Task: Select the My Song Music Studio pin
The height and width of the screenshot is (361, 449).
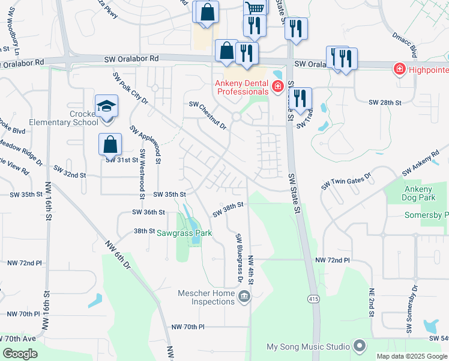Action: [x=360, y=346]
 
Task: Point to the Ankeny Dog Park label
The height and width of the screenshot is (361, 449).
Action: [x=423, y=193]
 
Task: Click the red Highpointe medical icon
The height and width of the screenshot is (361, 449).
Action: [x=399, y=70]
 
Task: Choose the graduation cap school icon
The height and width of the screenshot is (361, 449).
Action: [x=106, y=106]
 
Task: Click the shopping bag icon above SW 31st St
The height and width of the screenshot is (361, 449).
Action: [x=110, y=144]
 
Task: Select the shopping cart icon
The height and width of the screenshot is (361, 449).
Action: [x=255, y=8]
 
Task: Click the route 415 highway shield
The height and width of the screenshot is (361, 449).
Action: [x=313, y=299]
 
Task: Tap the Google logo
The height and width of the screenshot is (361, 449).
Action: [x=20, y=354]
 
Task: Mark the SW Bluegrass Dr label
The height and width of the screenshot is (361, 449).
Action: [x=239, y=258]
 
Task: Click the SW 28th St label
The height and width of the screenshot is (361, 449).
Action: [x=385, y=103]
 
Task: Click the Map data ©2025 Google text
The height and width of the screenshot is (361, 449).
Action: [x=412, y=356]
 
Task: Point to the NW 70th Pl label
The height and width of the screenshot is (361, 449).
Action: [x=188, y=326]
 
